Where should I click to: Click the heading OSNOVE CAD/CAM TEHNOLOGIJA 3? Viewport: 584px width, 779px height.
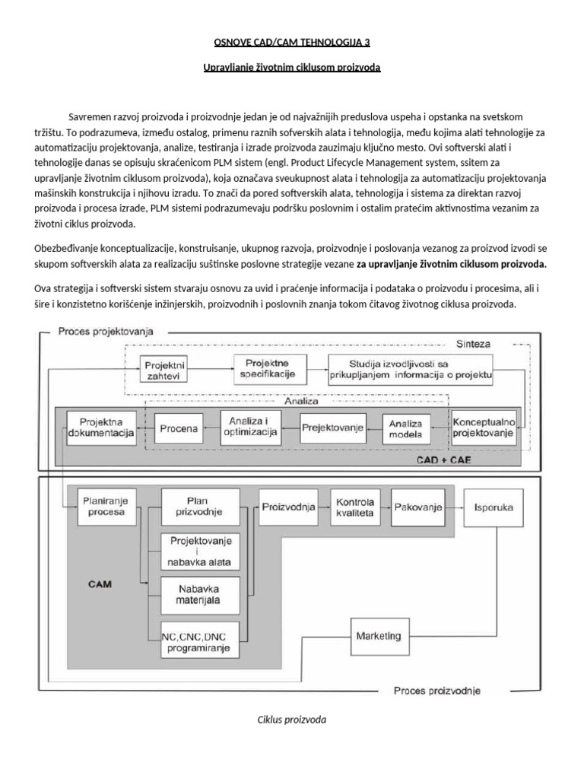(x=291, y=41)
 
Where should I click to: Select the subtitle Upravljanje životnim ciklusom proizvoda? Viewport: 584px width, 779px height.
(x=292, y=68)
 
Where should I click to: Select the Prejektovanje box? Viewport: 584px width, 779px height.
(x=332, y=428)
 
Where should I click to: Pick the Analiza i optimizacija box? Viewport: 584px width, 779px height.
(x=249, y=428)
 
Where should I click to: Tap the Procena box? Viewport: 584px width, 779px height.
(x=179, y=428)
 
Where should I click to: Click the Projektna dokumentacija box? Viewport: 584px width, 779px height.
(x=101, y=428)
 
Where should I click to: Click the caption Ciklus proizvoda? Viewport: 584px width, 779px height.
(x=291, y=719)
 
